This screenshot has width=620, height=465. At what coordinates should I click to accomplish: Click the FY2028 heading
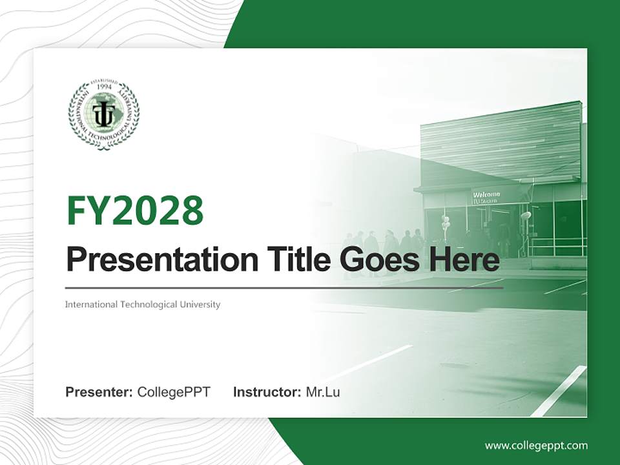point(135,211)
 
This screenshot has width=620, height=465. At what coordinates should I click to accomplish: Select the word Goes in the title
point(376,260)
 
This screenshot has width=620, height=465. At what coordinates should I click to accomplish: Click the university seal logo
point(103,114)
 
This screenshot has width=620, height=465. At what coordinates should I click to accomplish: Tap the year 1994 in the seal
point(103,87)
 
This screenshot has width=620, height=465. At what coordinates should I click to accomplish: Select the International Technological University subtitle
point(143,304)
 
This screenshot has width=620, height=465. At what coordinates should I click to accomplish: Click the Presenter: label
point(99,392)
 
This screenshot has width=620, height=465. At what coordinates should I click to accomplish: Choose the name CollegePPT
point(174,392)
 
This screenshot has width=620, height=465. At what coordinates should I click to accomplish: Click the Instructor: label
point(267,392)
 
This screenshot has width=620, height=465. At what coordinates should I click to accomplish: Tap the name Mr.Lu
point(323,392)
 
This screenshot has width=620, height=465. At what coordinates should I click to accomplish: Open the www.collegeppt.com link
point(536,446)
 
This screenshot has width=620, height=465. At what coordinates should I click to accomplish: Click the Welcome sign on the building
point(486,195)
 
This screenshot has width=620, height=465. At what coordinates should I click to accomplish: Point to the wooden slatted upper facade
point(501,142)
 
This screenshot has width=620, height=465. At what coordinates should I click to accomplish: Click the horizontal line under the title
point(284,288)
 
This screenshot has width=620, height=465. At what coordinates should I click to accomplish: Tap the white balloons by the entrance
point(445,223)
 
